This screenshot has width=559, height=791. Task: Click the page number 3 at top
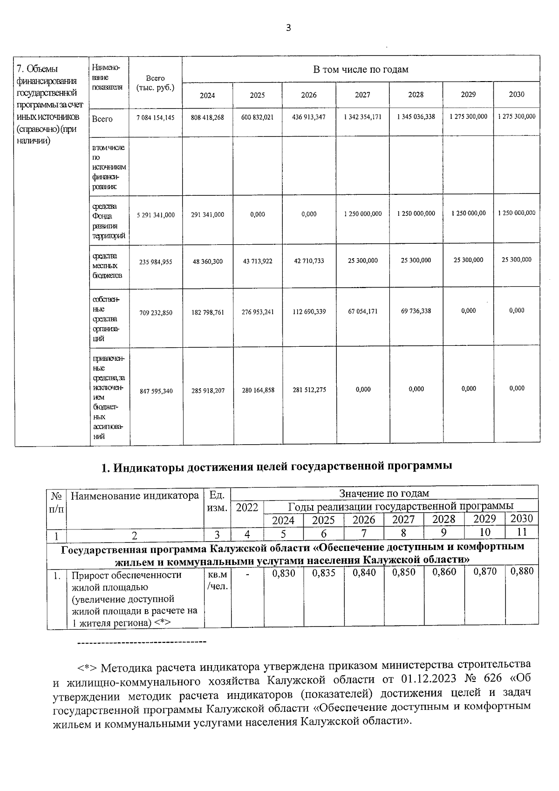288,28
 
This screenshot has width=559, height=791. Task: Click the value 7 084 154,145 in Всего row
156,117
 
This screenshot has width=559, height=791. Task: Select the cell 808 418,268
207,117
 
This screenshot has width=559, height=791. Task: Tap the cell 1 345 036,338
416,117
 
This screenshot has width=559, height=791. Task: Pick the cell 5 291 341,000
156,215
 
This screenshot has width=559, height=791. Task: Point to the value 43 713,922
258,261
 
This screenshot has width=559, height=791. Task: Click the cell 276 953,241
258,312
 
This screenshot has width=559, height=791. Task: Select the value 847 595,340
156,391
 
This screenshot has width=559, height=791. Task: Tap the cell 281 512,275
309,390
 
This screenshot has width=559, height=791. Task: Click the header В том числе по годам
361,69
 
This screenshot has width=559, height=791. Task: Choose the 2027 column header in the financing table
362,95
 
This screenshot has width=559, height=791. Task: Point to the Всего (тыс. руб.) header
155,83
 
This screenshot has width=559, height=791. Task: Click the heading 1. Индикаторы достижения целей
277,466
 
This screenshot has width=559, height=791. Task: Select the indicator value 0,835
324,573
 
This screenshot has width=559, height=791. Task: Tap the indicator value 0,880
521,571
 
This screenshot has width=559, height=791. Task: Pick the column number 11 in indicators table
521,532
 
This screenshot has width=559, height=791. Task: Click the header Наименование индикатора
135,495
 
